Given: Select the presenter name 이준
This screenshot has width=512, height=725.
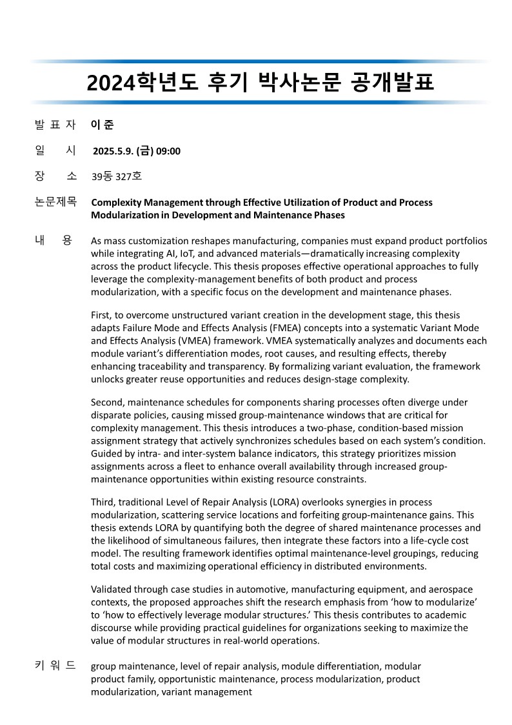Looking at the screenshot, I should (103, 125).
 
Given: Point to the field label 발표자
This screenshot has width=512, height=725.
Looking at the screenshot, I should (55, 125).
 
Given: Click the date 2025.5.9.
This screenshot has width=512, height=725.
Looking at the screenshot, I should (113, 152).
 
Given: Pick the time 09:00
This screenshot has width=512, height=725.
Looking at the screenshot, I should (168, 152).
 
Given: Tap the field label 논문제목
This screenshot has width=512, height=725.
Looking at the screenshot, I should (55, 202).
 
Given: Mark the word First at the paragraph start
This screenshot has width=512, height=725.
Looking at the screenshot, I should (101, 316).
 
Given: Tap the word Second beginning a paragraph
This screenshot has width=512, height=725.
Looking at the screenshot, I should (108, 402).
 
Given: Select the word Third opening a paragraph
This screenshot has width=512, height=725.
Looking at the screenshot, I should (104, 502).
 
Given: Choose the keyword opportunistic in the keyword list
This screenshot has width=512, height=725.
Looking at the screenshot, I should (187, 679).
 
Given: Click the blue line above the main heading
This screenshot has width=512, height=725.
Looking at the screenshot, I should (258, 61).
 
